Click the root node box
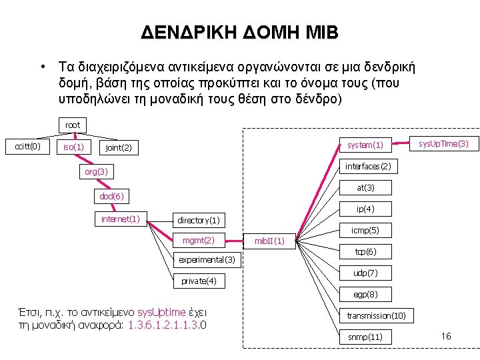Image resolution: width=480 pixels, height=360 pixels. (73, 125)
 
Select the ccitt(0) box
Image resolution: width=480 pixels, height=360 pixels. (27, 146)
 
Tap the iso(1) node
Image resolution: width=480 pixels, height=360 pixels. (73, 147)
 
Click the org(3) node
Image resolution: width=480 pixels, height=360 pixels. (96, 173)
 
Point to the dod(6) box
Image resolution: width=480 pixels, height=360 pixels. (111, 197)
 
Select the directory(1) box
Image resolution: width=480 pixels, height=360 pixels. (198, 220)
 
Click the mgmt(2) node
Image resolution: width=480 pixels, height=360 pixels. (199, 240)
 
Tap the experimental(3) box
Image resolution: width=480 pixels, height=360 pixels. (208, 259)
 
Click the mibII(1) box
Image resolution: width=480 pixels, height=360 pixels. (270, 241)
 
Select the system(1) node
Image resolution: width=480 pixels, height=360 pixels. (365, 145)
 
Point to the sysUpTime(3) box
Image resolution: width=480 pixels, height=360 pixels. (443, 143)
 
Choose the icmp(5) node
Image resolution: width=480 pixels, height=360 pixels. (365, 230)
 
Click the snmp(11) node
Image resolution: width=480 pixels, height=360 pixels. (365, 337)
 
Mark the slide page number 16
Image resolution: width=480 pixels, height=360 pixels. (446, 336)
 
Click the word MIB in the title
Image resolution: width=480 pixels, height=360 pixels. (319, 32)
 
